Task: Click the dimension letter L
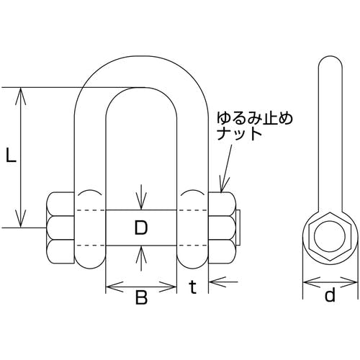pyautogui.click(x=11, y=155)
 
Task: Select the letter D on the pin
pyautogui.click(x=141, y=228)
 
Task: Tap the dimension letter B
pyautogui.click(x=141, y=297)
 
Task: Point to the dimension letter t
pyautogui.click(x=192, y=287)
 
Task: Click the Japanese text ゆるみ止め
pyautogui.click(x=255, y=120)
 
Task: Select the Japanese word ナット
pyautogui.click(x=239, y=135)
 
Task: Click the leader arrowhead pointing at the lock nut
pyautogui.click(x=223, y=184)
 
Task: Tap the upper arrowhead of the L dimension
pyautogui.click(x=21, y=96)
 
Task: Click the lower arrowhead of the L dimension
pyautogui.click(x=21, y=218)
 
